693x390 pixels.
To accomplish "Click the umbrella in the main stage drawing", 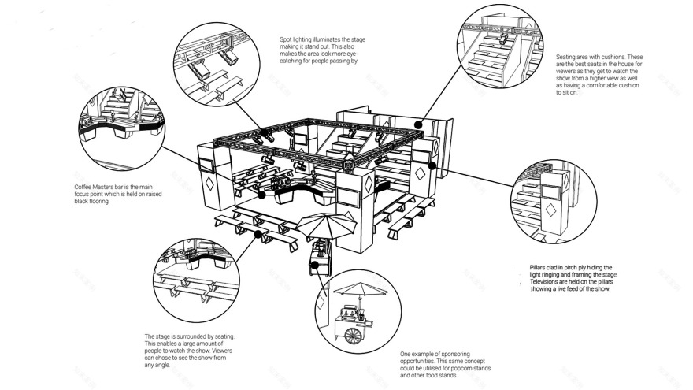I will [x=326, y=225].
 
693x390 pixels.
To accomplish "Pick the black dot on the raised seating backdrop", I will [x=420, y=124].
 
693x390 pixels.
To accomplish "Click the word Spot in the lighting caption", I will [x=286, y=39].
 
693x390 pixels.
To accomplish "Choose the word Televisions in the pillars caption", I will [x=546, y=282].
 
